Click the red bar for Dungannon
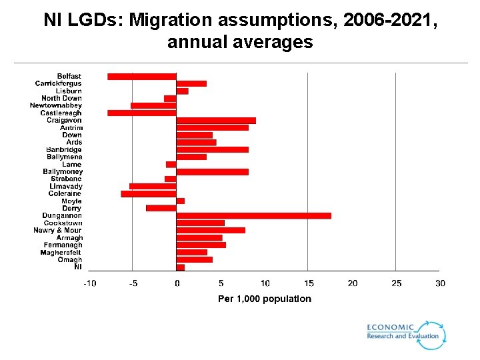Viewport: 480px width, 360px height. [253, 216]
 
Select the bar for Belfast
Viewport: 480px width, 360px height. [141, 77]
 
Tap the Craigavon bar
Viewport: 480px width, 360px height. [216, 121]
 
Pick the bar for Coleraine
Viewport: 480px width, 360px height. [149, 194]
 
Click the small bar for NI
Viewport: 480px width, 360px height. [181, 267]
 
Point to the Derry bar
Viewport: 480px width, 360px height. [161, 209]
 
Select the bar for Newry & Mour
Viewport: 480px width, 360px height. [211, 231]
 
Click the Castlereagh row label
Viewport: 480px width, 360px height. [61, 113]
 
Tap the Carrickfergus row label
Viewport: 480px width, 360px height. [58, 84]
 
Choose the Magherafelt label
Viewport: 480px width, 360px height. [61, 253]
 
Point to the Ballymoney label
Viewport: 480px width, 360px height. [63, 172]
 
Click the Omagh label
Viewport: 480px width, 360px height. [70, 260]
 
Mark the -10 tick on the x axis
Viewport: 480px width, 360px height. [89, 283]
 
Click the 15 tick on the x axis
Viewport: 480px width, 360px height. [309, 283]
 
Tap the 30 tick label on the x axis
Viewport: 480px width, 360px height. [440, 283]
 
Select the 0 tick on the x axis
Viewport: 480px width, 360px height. [177, 283]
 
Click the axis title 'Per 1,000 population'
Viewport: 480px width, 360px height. [265, 299]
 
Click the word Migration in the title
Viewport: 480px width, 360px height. [169, 21]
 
